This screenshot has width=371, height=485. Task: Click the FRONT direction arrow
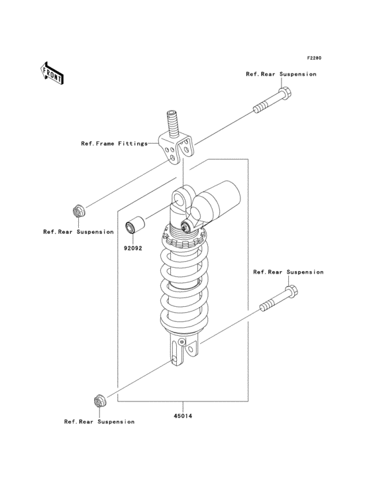(52, 73)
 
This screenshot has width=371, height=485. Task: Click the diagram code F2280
(314, 58)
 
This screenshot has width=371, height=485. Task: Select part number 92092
(133, 248)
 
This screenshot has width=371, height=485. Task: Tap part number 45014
(183, 416)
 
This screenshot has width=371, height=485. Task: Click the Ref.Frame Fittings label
(115, 144)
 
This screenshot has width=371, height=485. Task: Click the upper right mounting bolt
(273, 101)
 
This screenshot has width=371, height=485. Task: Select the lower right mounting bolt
(279, 299)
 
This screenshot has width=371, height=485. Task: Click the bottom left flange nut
(99, 401)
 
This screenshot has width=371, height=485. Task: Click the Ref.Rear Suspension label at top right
(281, 74)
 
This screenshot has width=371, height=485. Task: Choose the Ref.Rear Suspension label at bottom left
(99, 421)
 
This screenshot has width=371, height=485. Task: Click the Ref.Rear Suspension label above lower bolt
(288, 272)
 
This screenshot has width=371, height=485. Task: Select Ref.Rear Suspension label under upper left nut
(79, 232)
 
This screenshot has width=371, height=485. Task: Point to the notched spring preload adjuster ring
(184, 239)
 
